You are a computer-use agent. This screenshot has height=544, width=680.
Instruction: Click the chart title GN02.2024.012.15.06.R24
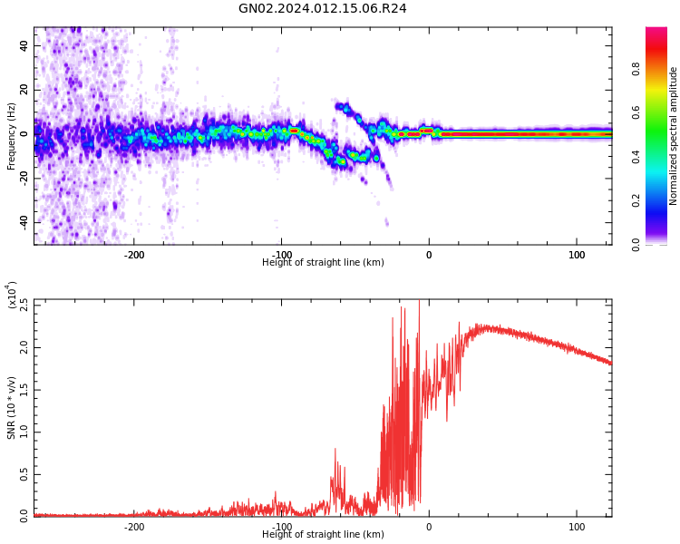pos(323,9)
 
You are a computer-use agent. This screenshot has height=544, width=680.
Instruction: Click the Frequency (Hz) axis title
pos(12,136)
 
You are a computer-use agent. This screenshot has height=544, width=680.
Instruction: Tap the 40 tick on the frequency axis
pos(24,46)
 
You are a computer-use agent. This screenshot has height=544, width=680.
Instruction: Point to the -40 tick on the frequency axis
pos(22,222)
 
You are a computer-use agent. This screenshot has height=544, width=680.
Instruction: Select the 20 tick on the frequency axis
pos(24,90)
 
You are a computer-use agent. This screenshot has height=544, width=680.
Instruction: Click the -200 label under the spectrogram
pos(134,255)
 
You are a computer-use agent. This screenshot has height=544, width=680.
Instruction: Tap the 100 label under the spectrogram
pos(577,255)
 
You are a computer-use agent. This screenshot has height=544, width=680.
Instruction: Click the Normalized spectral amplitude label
pos(674,136)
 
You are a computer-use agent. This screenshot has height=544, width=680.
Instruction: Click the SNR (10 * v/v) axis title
pos(12,408)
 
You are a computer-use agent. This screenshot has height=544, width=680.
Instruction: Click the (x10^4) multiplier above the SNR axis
pos(12,296)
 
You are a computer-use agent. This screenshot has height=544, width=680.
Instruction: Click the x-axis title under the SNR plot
pos(323,535)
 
